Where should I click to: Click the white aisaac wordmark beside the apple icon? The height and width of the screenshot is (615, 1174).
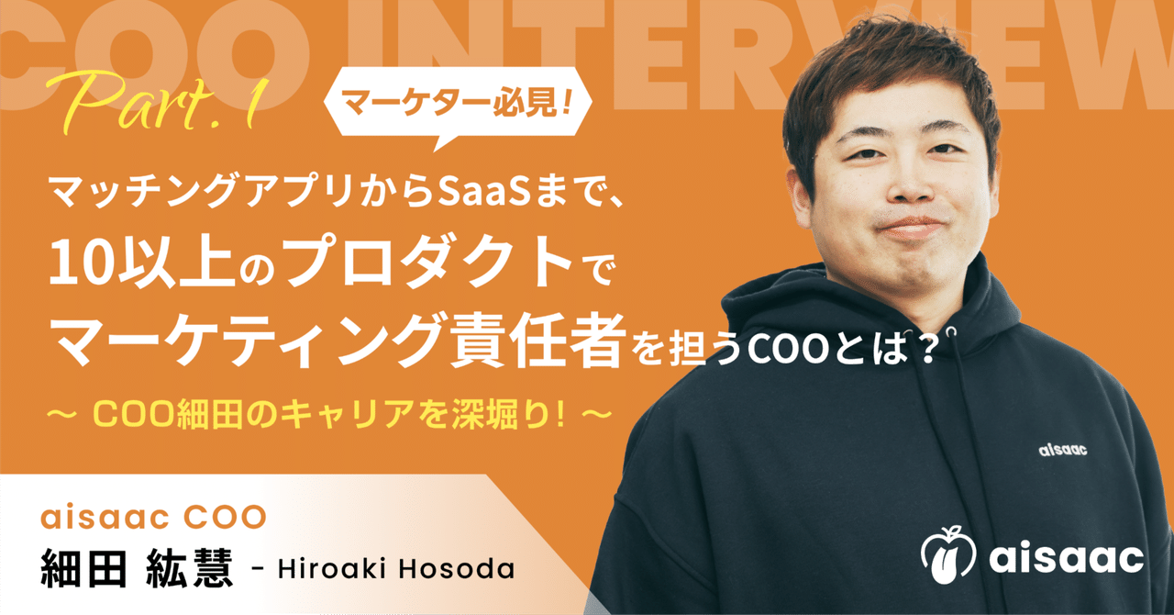[x=1067, y=556]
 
